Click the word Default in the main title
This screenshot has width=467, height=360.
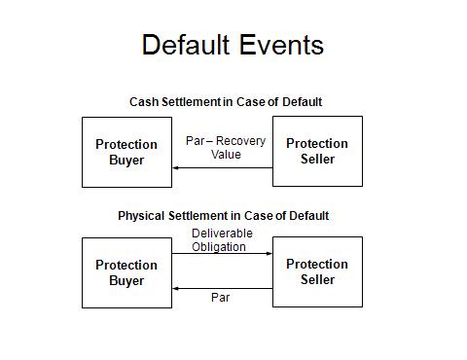(186, 45)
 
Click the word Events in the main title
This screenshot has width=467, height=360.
(282, 45)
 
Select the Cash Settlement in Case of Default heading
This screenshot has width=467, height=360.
(226, 102)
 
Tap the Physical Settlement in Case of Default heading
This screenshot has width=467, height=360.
(224, 216)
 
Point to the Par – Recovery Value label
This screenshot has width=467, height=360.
(226, 148)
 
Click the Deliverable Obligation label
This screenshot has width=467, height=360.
(222, 240)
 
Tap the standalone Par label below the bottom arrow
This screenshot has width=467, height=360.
(220, 298)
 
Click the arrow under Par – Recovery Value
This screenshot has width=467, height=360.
(223, 168)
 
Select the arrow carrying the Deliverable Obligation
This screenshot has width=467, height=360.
(222, 253)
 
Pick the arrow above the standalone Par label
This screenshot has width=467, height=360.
(223, 288)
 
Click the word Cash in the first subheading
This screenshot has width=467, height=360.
(144, 102)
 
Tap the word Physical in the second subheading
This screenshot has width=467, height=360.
(141, 216)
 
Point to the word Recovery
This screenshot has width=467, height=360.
(241, 141)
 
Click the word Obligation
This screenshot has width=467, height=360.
(219, 247)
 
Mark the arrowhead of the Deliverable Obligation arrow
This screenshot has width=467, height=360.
(269, 253)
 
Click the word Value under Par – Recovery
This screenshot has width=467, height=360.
(226, 155)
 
